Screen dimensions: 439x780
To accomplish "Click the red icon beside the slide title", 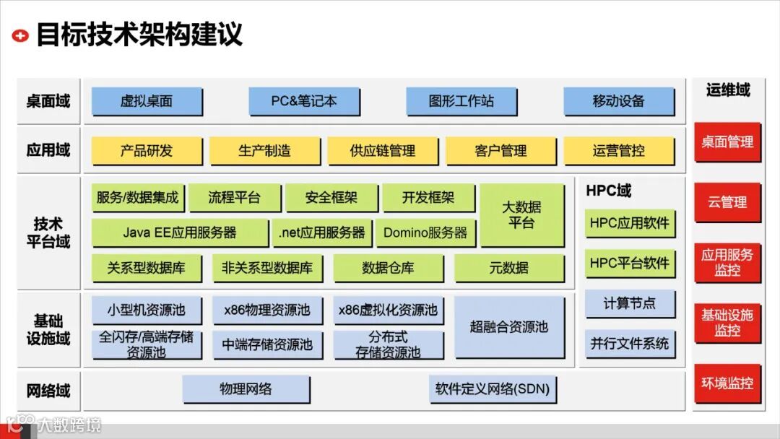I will click(x=21, y=35).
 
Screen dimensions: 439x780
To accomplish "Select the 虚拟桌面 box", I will click(x=147, y=101).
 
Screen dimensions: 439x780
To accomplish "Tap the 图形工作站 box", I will click(x=461, y=101).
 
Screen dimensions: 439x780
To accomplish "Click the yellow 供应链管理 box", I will click(x=383, y=151).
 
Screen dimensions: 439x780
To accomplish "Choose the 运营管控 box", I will click(x=618, y=151).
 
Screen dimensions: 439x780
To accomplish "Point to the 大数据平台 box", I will click(x=521, y=215).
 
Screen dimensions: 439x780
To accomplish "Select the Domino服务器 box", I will click(x=425, y=232).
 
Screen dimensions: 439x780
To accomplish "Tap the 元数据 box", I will click(x=509, y=268).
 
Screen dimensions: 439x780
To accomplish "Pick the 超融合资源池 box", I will click(x=509, y=326).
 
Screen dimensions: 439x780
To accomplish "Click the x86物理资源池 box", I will click(x=267, y=310).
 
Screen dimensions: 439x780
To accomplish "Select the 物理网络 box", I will click(x=246, y=389).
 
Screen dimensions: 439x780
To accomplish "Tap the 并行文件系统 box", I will click(x=630, y=343).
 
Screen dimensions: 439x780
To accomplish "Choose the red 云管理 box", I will click(x=727, y=202).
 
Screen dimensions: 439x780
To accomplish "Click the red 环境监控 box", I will click(x=727, y=383).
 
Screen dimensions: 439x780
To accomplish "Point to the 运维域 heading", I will click(x=727, y=90).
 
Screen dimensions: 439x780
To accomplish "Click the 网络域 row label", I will click(x=48, y=391).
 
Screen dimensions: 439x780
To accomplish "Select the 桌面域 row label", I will click(x=48, y=101).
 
